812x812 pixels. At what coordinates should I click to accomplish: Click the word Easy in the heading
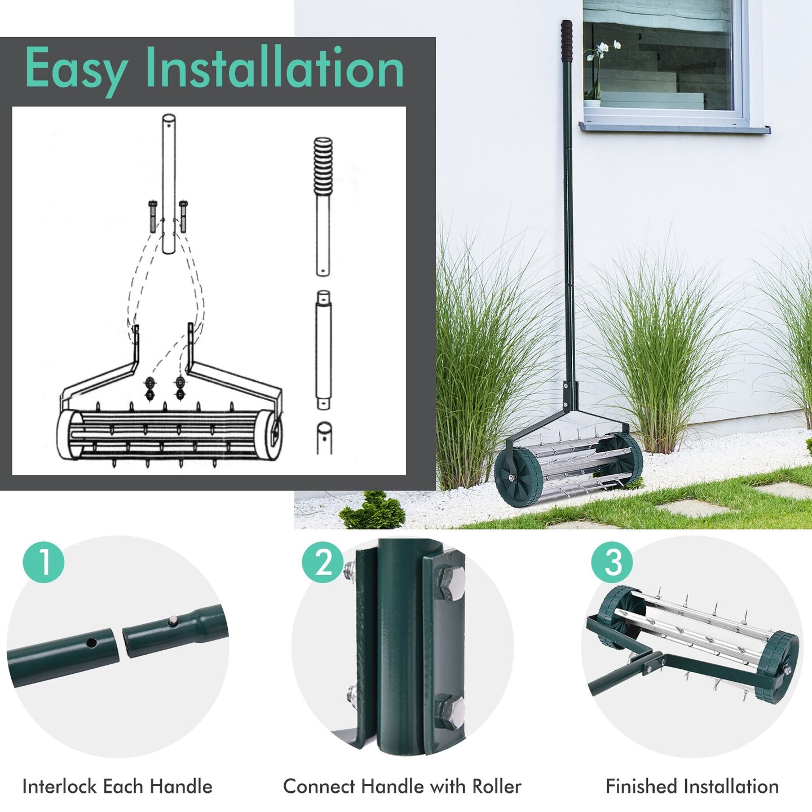click(76, 69)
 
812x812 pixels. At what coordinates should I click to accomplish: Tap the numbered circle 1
click(44, 562)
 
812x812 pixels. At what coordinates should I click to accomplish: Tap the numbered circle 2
click(323, 562)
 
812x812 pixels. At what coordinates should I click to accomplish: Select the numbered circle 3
click(612, 562)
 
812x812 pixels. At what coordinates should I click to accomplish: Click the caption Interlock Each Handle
click(117, 786)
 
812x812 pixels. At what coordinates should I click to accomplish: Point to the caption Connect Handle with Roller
click(402, 786)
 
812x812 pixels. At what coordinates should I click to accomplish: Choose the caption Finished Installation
click(692, 786)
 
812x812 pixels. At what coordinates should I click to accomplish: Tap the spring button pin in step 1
click(171, 621)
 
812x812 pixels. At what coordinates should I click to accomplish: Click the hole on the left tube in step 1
click(91, 642)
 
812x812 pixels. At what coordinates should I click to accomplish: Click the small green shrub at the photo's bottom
click(372, 511)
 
